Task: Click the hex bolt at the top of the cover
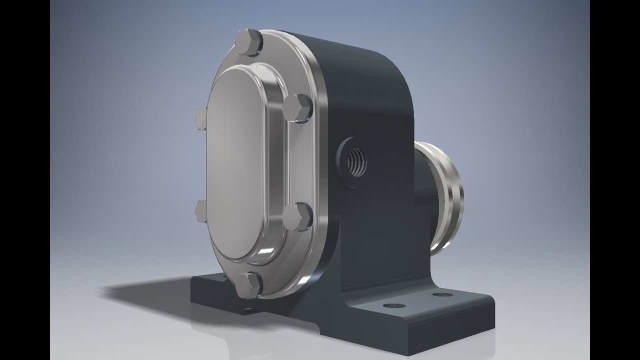point(248,42)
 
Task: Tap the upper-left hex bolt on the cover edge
point(201,118)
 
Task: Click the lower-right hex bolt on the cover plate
point(297,216)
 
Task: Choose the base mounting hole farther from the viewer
point(442,294)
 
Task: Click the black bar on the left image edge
point(25,180)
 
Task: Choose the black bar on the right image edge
point(615,180)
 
